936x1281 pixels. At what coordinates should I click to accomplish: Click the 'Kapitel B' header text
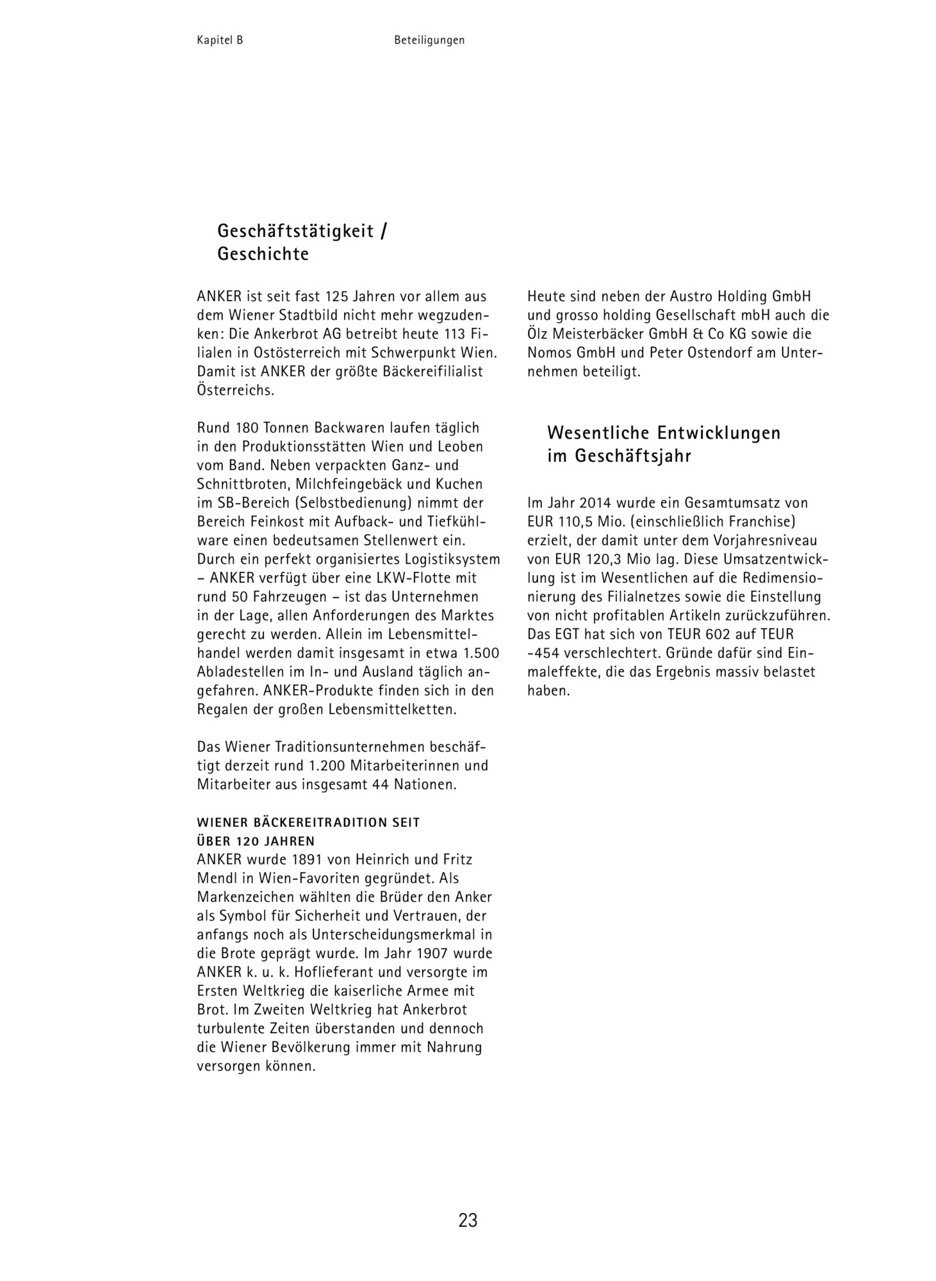coord(220,40)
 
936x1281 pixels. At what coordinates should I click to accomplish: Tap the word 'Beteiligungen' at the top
coord(429,40)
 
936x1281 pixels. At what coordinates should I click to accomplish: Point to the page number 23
coord(468,1220)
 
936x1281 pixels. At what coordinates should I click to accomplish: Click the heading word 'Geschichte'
coord(263,254)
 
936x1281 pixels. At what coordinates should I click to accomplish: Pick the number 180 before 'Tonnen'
coord(247,428)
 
